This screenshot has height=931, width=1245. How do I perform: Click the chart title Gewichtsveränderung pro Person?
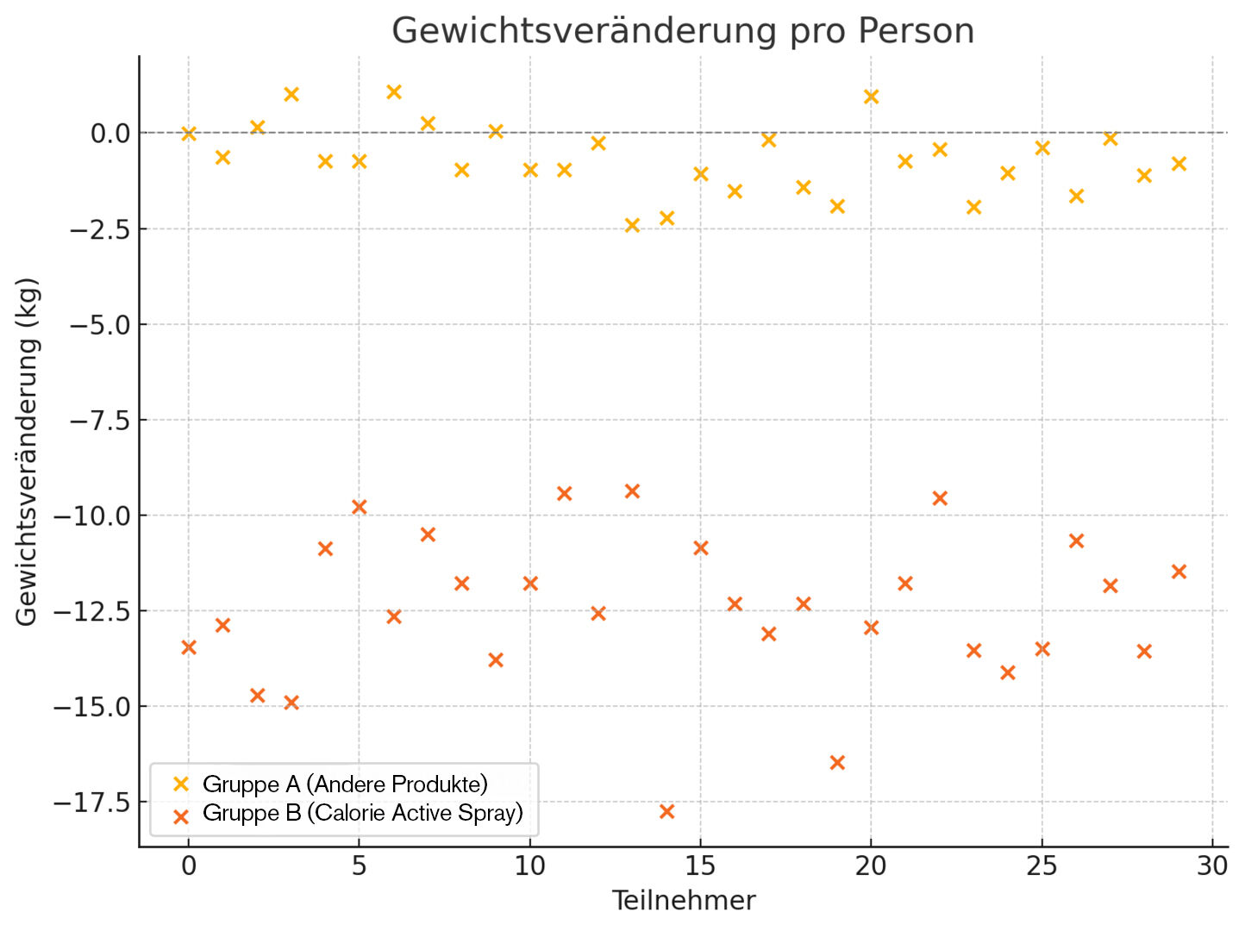[x=683, y=31]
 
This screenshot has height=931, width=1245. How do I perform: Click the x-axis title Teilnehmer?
[x=683, y=901]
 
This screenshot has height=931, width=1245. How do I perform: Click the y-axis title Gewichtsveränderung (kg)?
[x=27, y=451]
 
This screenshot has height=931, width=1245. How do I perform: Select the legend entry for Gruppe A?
[x=345, y=784]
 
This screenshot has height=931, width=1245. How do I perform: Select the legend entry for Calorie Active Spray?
[x=362, y=813]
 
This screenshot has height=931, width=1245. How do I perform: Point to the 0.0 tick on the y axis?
[x=109, y=133]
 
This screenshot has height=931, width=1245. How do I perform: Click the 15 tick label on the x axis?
[x=700, y=865]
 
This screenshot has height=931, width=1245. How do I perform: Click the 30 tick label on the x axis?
[x=1212, y=865]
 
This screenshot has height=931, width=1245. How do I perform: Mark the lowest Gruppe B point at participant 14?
[x=666, y=811]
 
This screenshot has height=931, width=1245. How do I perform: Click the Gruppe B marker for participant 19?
[x=837, y=762]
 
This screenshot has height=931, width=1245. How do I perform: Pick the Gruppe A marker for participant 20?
[x=871, y=97]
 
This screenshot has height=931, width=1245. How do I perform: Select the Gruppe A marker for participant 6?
[x=394, y=92]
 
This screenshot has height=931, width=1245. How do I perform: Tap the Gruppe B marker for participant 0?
[x=189, y=647]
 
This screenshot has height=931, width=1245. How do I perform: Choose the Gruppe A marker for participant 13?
[x=632, y=225]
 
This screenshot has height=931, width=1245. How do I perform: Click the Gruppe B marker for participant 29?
[x=1179, y=572]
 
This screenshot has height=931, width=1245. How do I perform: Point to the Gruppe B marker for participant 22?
[x=940, y=498]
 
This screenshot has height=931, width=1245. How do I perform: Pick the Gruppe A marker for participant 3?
[x=291, y=94]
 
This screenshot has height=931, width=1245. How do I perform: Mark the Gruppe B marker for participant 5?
[x=360, y=507]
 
